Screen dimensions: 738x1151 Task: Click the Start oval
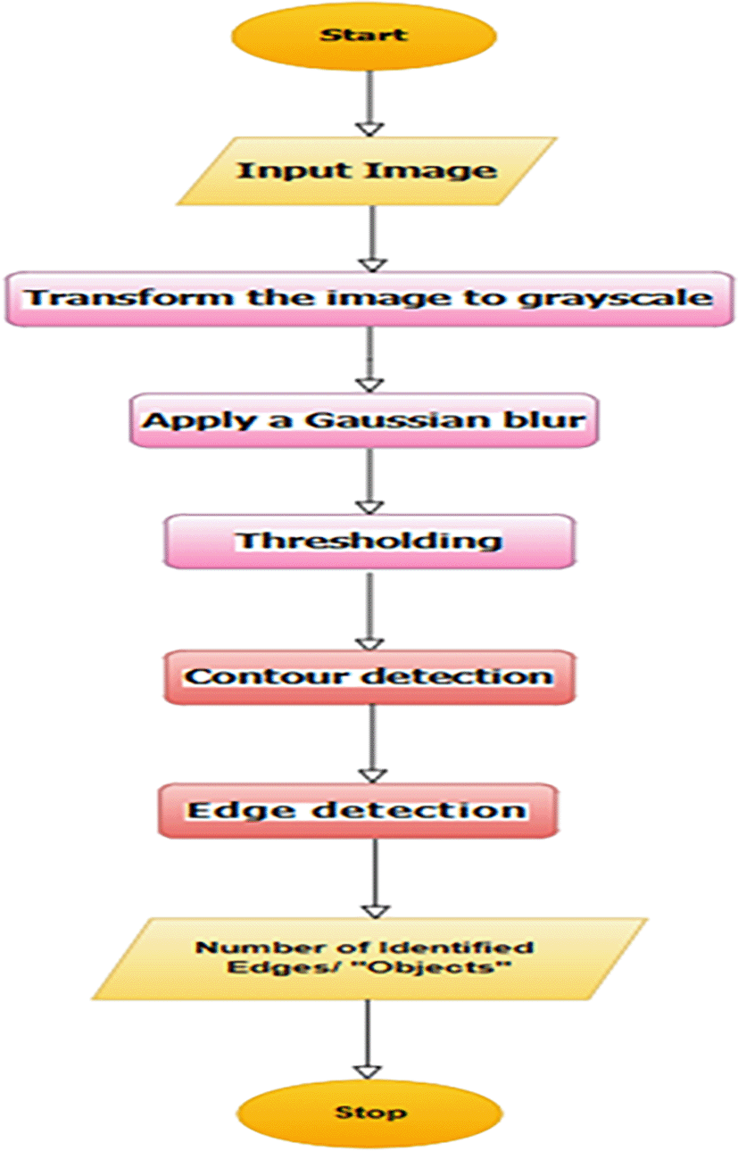(x=364, y=36)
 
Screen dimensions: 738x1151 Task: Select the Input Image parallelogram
(x=367, y=171)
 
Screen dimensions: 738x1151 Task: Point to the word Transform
(x=128, y=297)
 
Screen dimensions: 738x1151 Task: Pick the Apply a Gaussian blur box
(x=364, y=420)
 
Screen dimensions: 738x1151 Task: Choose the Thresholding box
(x=369, y=541)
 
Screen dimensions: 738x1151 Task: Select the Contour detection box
(x=369, y=676)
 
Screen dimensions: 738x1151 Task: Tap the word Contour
(x=266, y=676)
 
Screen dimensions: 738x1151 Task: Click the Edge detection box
(x=358, y=811)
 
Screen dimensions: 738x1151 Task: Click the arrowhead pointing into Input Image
(x=370, y=129)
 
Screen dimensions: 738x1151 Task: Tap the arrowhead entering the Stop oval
(x=368, y=1072)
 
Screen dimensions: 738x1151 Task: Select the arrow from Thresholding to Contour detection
(x=370, y=611)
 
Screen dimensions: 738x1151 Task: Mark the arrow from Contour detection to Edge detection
(x=373, y=744)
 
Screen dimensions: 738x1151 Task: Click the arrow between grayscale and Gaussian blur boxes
(x=370, y=360)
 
